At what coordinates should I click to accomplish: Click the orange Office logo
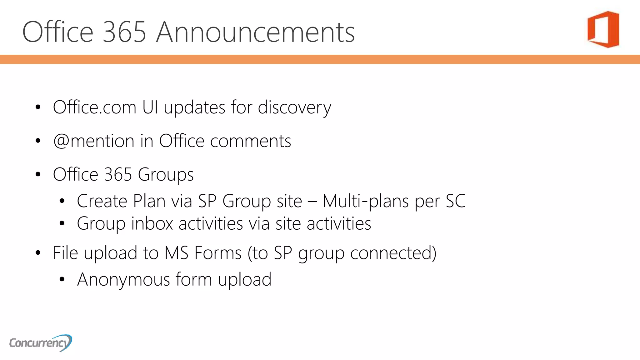(x=603, y=29)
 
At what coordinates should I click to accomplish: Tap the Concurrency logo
(x=41, y=343)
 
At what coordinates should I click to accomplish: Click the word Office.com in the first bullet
(x=94, y=107)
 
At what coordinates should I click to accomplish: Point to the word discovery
(x=294, y=108)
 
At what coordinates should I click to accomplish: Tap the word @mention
(x=93, y=141)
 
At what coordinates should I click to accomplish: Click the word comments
(x=250, y=141)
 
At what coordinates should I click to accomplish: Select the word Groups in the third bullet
(x=166, y=175)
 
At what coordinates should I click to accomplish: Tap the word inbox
(x=152, y=223)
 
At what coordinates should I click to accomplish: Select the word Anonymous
(x=123, y=279)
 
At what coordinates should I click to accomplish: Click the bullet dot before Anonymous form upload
(x=62, y=279)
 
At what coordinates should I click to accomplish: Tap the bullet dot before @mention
(x=38, y=141)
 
